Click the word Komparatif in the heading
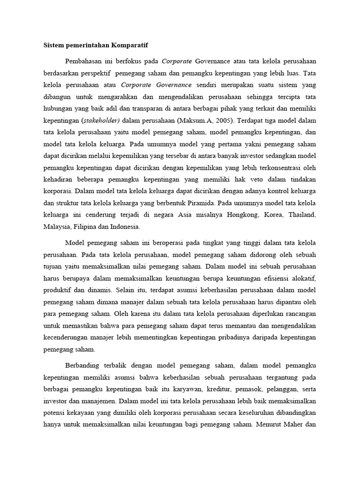136,45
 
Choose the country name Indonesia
124,227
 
